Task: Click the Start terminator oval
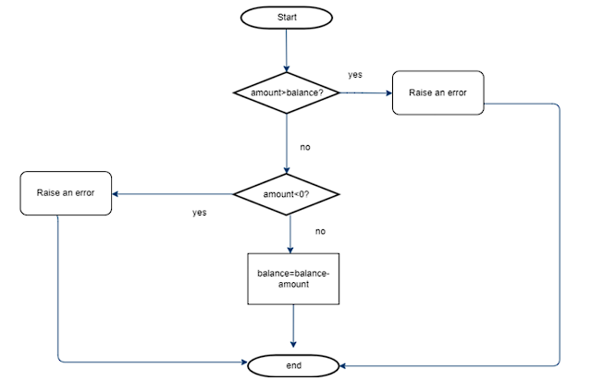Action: [x=287, y=18]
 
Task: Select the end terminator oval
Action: [x=293, y=365]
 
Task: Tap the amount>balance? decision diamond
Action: [x=287, y=92]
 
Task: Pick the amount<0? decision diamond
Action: [x=287, y=194]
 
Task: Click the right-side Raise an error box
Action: [x=438, y=92]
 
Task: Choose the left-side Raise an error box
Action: [x=66, y=193]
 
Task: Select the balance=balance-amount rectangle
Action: [x=293, y=279]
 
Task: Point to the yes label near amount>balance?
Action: [x=355, y=75]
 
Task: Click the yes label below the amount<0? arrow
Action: [x=200, y=213]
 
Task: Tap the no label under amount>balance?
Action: [x=305, y=147]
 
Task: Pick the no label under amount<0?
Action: [x=320, y=231]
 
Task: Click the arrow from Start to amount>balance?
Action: [x=287, y=51]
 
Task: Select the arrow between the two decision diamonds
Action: [x=287, y=143]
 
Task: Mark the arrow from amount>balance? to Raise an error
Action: [x=366, y=92]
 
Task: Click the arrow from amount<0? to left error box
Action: [x=173, y=194]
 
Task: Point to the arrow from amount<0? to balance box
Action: [x=290, y=234]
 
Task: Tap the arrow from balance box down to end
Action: [x=293, y=326]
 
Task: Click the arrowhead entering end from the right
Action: [x=342, y=365]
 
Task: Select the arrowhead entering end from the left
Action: [x=244, y=363]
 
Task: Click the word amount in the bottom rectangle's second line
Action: [x=293, y=284]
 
